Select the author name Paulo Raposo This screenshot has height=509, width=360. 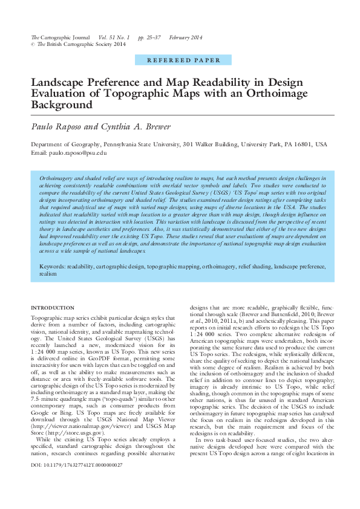click(x=60, y=126)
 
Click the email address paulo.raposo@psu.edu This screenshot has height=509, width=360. click(x=79, y=153)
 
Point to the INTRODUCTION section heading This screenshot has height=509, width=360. click(x=53, y=308)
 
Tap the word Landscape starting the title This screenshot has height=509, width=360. click(x=57, y=83)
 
